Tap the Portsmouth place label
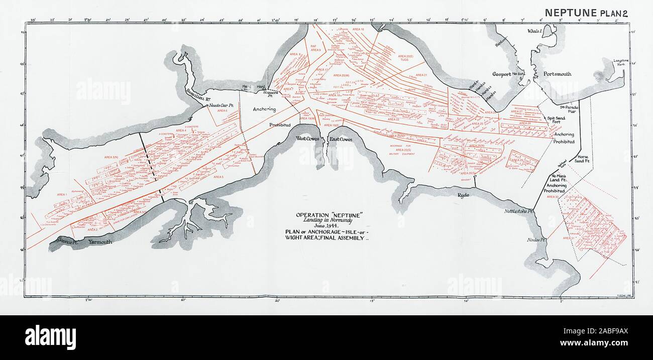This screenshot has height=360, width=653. (x=557, y=74)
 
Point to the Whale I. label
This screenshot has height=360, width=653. (x=534, y=31)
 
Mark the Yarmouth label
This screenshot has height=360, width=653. (x=100, y=242)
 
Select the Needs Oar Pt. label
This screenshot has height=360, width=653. (x=223, y=105)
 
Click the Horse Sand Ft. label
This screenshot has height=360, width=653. (x=582, y=159)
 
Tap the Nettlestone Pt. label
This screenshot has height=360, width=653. (x=519, y=212)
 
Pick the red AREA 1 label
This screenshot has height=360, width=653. (x=62, y=194)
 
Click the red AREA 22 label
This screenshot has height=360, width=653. (x=394, y=119)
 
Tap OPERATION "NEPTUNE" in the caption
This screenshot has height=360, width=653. (x=330, y=215)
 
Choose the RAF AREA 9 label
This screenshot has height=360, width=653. (x=315, y=48)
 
